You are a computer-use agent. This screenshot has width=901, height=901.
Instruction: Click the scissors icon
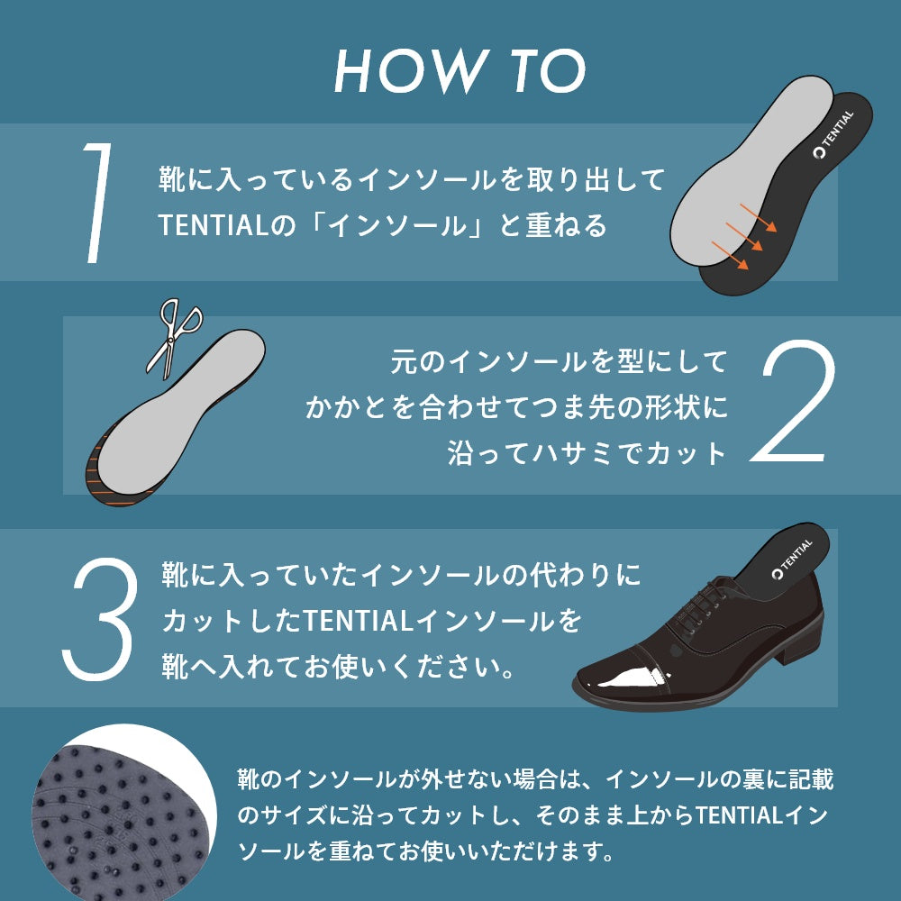click(x=174, y=338)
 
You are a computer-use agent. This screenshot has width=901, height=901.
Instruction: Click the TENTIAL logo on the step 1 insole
click(x=833, y=134)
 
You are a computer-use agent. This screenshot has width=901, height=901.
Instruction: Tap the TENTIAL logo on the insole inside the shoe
click(x=792, y=559)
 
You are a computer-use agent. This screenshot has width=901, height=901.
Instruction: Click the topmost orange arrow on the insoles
click(x=758, y=218)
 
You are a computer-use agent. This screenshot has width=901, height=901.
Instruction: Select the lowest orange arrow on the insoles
click(x=731, y=255)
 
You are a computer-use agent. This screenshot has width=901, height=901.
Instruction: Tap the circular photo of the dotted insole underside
click(x=123, y=816)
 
